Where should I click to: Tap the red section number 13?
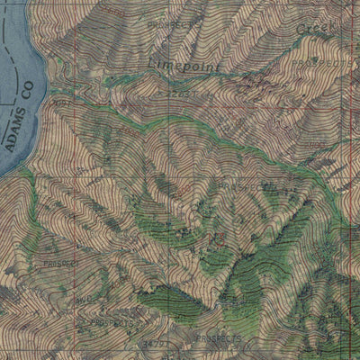tap(216, 238)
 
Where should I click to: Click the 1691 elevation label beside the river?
tap(62, 103)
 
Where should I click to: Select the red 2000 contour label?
tap(115, 11)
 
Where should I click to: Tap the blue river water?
tap(18, 54)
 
